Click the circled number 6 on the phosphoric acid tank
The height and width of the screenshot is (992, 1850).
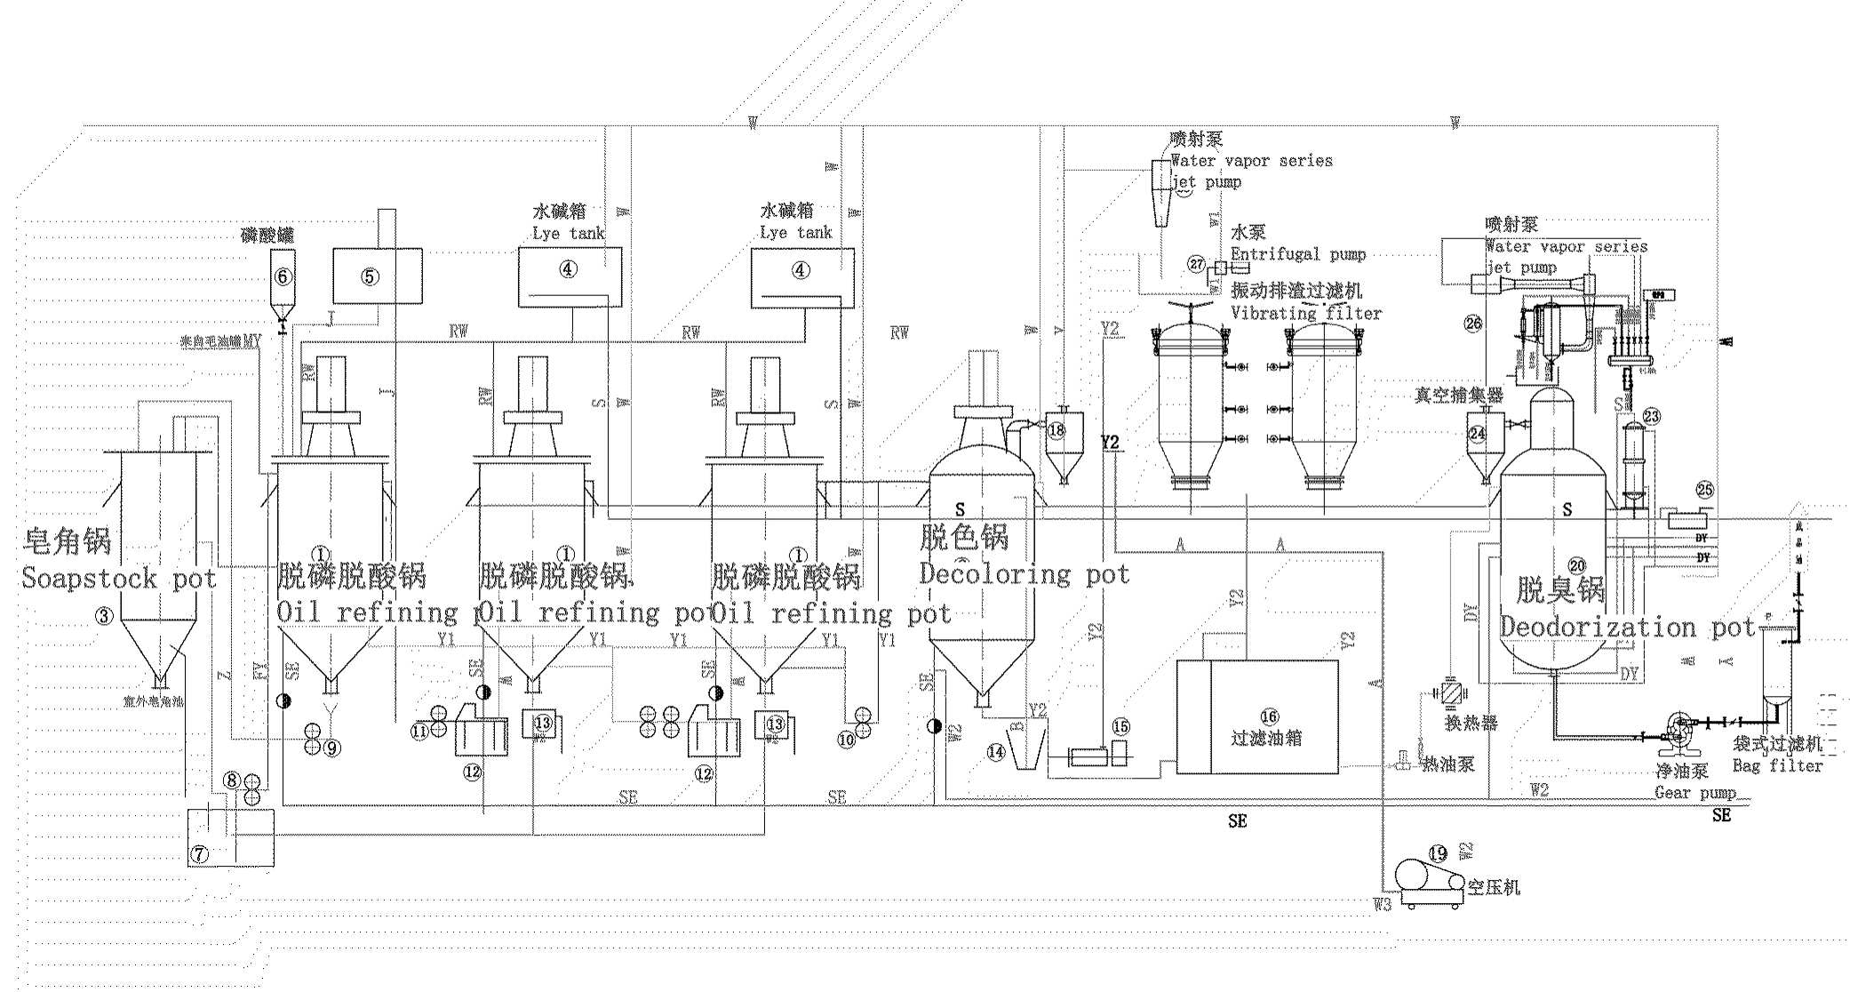(x=283, y=276)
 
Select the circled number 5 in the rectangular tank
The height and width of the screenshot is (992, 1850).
(x=370, y=276)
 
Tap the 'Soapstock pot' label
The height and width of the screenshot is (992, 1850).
(x=119, y=579)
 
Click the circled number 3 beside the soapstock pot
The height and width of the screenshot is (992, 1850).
(x=105, y=615)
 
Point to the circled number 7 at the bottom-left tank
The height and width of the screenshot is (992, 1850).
(x=200, y=854)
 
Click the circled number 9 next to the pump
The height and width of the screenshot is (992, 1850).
(x=331, y=748)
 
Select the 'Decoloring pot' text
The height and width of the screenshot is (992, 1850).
(x=1024, y=575)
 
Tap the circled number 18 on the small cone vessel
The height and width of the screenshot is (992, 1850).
(x=1056, y=430)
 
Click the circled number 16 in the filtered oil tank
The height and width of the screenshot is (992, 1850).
(x=1268, y=717)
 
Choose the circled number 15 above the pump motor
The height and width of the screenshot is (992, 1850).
(x=1120, y=727)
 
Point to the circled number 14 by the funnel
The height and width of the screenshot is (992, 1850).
(x=996, y=752)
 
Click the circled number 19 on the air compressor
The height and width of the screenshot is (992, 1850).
(x=1437, y=854)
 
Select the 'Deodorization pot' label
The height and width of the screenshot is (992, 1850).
(x=1628, y=628)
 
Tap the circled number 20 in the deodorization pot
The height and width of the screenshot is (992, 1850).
(x=1577, y=565)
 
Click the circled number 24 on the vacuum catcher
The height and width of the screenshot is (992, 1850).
(x=1477, y=434)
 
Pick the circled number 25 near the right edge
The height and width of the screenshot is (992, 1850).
(x=1704, y=490)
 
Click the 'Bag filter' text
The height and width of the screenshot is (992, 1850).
(x=1777, y=765)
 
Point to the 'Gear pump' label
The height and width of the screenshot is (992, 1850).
(x=1695, y=793)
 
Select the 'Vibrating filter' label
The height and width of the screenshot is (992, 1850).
(x=1306, y=313)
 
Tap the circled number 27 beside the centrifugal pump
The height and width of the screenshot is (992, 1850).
(x=1197, y=264)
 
